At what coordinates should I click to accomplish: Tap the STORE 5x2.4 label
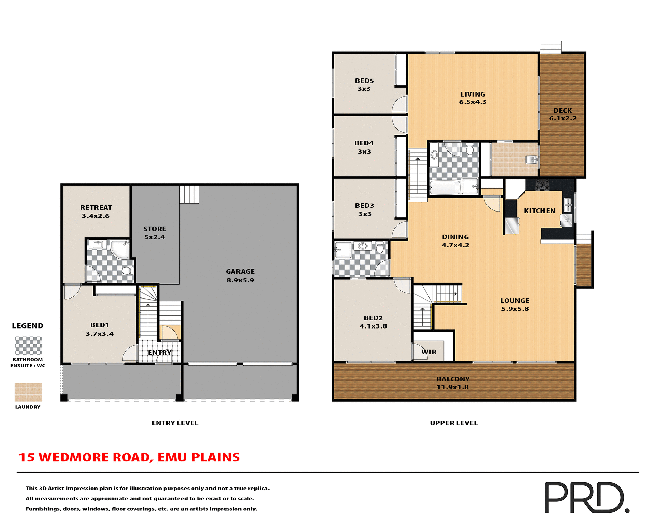pos(155,233)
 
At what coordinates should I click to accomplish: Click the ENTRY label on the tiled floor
pos(159,352)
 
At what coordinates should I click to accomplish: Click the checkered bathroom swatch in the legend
pos(28,346)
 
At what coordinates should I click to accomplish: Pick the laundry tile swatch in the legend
pos(28,392)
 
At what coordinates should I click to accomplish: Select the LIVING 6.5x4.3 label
pos(472,98)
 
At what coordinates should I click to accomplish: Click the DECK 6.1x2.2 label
pos(563,114)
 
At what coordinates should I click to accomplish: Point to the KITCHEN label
pos(539,211)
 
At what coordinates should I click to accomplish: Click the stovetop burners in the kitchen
pos(542,185)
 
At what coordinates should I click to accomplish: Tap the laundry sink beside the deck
pos(531,159)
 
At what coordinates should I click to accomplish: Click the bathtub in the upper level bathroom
pos(445,188)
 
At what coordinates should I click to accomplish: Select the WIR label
pos(429,352)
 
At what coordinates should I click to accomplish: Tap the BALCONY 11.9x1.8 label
pos(453,383)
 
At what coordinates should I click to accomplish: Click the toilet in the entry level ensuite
pos(127,271)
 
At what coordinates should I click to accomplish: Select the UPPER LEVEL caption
pos(453,423)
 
